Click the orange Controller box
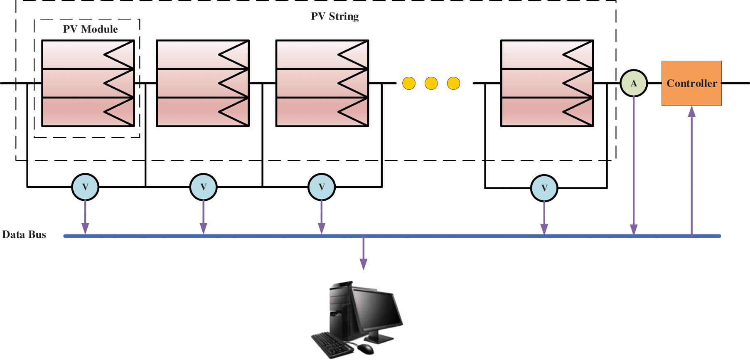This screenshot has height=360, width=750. [x=691, y=83]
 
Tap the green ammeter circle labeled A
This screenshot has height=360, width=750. [x=634, y=83]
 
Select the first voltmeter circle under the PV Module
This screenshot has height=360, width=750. [x=85, y=187]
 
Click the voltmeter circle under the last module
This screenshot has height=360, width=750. [x=544, y=188]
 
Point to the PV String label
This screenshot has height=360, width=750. [x=335, y=16]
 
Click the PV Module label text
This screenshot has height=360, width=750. [x=91, y=29]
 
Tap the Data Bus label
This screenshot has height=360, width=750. [x=24, y=234]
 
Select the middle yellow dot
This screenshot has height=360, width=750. [x=431, y=83]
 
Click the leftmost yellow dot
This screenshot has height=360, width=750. [x=409, y=83]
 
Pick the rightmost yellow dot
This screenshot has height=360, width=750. [x=454, y=83]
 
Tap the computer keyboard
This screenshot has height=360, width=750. [x=332, y=345]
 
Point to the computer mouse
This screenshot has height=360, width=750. [x=366, y=349]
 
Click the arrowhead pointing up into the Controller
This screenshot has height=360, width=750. [x=692, y=111]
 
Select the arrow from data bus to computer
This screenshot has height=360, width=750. [x=364, y=253]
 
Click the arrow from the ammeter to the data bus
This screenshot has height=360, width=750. [x=634, y=165]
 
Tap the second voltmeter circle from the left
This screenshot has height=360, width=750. [x=204, y=187]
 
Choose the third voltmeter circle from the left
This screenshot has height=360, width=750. [x=322, y=187]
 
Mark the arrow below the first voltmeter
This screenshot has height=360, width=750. [x=85, y=217]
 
